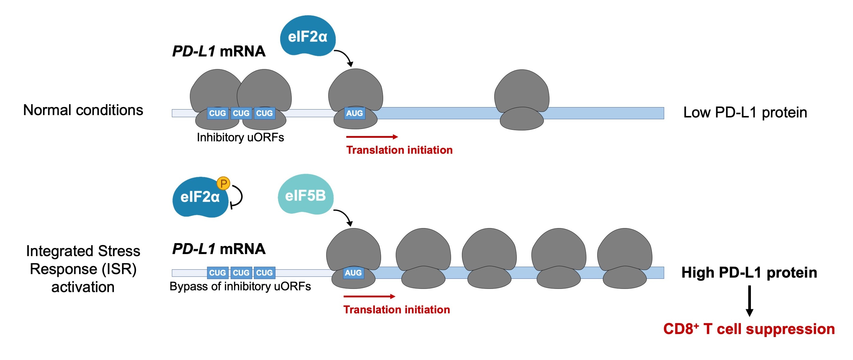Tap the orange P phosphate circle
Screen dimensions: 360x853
click(x=223, y=183)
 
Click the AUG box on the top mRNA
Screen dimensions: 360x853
click(x=354, y=113)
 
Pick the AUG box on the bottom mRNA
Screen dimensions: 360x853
click(x=353, y=273)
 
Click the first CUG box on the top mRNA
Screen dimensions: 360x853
click(x=217, y=113)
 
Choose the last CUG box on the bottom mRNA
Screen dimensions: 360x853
click(x=264, y=273)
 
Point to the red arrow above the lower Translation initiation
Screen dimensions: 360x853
click(x=369, y=296)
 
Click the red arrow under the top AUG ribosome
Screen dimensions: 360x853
click(x=372, y=137)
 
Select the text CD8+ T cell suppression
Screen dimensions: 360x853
click(x=749, y=329)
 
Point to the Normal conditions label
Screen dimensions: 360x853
click(x=83, y=110)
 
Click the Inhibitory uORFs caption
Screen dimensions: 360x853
click(x=240, y=137)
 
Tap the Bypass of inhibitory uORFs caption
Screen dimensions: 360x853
click(x=240, y=286)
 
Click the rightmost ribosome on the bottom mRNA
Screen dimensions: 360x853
click(x=624, y=258)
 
